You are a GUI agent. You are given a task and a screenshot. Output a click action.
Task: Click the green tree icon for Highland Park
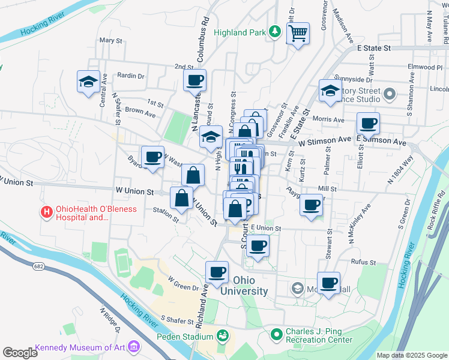click(274, 32)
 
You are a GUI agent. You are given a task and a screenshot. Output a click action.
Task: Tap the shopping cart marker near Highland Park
click(297, 34)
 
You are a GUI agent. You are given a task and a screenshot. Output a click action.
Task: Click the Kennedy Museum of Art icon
click(133, 347)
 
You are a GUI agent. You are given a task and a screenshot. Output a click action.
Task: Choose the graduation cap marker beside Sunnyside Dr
click(330, 90)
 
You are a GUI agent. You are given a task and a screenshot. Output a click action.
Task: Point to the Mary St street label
click(110, 41)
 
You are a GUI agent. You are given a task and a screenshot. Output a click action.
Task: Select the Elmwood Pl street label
click(424, 67)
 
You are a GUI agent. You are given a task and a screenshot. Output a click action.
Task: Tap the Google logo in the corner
click(20, 353)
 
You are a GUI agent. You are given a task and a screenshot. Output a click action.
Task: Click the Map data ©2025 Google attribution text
click(412, 355)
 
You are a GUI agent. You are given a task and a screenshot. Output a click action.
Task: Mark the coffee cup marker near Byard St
click(153, 157)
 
